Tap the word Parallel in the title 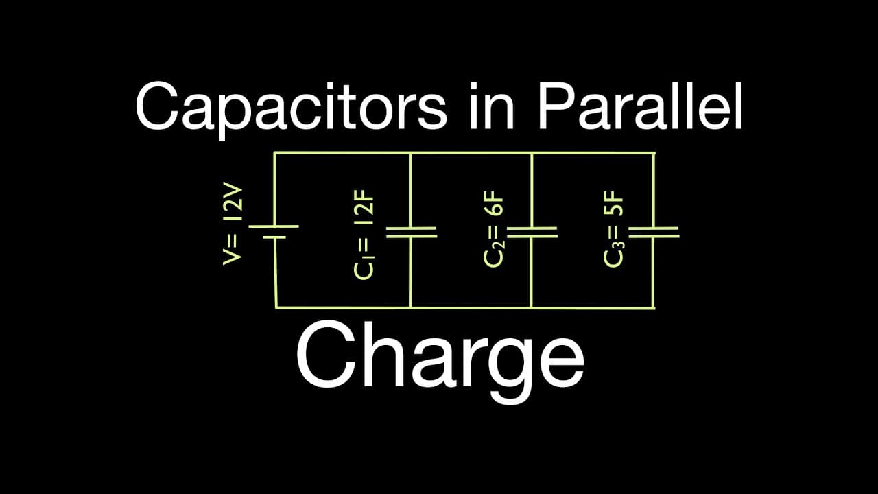[x=640, y=106]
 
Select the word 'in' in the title [x=492, y=106]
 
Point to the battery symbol [x=274, y=232]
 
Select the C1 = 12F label [x=364, y=235]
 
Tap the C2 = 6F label [x=493, y=229]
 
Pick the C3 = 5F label [x=613, y=229]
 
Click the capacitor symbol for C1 [x=411, y=232]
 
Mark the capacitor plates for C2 [x=532, y=232]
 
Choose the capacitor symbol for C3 [x=654, y=232]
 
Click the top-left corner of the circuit [x=275, y=153]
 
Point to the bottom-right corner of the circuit [x=654, y=308]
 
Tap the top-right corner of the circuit [x=654, y=153]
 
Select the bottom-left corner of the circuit [x=276, y=308]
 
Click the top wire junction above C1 [x=410, y=153]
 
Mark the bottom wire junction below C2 [x=532, y=308]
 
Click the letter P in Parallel [x=556, y=106]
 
